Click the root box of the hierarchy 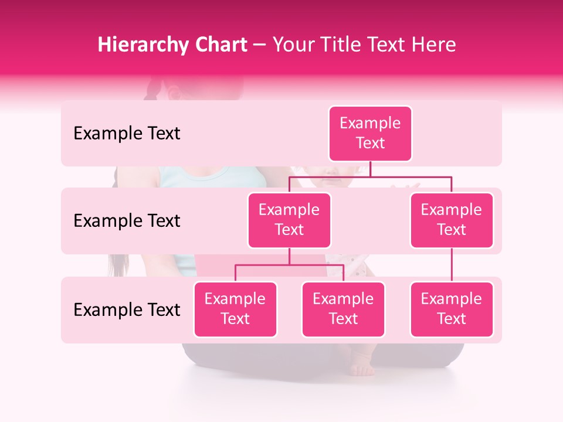(x=370, y=134)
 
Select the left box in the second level (x=289, y=220)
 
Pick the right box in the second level (x=452, y=220)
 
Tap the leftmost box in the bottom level (x=235, y=309)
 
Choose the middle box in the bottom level (x=343, y=309)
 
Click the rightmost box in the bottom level (x=452, y=309)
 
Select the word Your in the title (x=291, y=45)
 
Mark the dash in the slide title (x=259, y=45)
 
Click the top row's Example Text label (x=127, y=134)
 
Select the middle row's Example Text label (x=127, y=221)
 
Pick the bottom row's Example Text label (x=127, y=309)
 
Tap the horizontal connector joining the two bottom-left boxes (x=289, y=265)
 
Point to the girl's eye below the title (x=174, y=93)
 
